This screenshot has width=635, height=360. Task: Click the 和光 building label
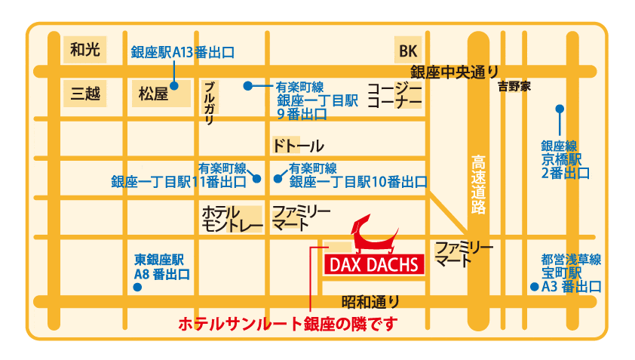pyautogui.click(x=84, y=50)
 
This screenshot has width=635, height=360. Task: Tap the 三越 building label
pyautogui.click(x=84, y=94)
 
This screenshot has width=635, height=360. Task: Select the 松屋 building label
pyautogui.click(x=153, y=94)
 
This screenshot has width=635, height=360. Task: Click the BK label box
pyautogui.click(x=408, y=51)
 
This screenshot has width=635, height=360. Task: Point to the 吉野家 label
pyautogui.click(x=514, y=87)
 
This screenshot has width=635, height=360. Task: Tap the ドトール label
pyautogui.click(x=297, y=146)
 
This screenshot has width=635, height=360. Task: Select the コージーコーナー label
pyautogui.click(x=394, y=94)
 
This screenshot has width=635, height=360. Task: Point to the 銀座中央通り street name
pyautogui.click(x=454, y=72)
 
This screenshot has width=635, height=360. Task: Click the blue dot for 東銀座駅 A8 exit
pyautogui.click(x=137, y=288)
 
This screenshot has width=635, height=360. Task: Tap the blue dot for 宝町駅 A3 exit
pyautogui.click(x=534, y=287)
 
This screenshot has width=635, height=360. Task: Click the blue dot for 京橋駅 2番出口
pyautogui.click(x=560, y=108)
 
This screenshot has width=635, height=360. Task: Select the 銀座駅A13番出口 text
pyautogui.click(x=182, y=52)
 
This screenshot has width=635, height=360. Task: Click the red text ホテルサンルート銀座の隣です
pyautogui.click(x=287, y=325)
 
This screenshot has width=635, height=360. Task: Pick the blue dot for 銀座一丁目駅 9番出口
pyautogui.click(x=247, y=85)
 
